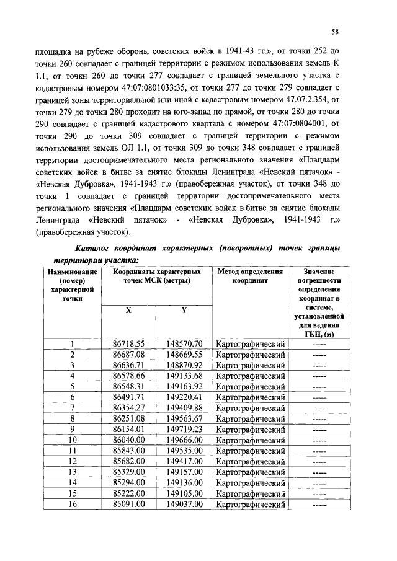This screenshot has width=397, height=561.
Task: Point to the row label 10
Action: [x=73, y=440]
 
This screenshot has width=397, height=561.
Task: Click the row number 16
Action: [x=73, y=504]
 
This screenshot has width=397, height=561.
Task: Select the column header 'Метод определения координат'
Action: [x=250, y=276]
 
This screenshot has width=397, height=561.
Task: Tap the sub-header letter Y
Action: [x=184, y=311]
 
